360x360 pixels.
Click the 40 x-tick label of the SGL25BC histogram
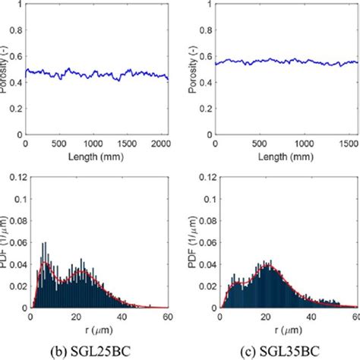tap(122, 318)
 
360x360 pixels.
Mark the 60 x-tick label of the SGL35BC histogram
tap(357, 318)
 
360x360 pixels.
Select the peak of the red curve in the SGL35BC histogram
tap(267, 267)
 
